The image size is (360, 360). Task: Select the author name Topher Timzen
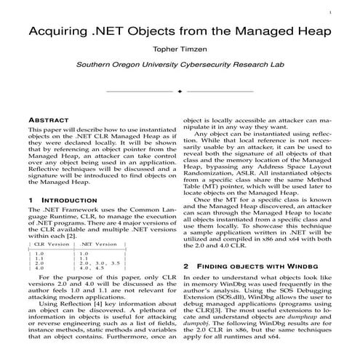180,51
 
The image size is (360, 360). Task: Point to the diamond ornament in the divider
180,92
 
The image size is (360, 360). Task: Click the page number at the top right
350,12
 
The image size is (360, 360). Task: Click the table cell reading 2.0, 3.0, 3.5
105,262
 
